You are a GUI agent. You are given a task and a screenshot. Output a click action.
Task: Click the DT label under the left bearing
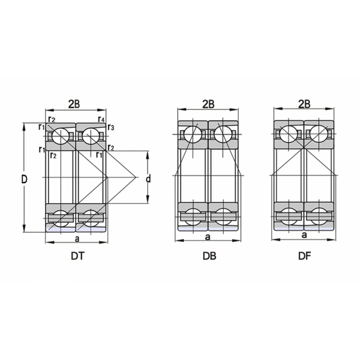pos(78,256)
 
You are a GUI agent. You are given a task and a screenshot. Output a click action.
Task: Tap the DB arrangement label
pos(210,256)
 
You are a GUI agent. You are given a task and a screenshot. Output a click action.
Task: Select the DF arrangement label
pos(305,256)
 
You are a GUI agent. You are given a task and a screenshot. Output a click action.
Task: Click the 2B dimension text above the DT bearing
pos(74,104)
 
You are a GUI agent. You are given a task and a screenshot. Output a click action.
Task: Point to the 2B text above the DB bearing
pos(208,104)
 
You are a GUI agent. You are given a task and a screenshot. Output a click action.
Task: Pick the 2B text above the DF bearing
pos(304,104)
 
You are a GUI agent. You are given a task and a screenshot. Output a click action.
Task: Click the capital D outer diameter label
pos(24,179)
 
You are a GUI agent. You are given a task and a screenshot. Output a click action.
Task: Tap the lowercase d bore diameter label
pos(148,178)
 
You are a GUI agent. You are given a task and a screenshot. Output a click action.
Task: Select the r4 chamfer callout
pos(102,119)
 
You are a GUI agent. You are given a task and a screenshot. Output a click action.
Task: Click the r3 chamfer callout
pos(111,127)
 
